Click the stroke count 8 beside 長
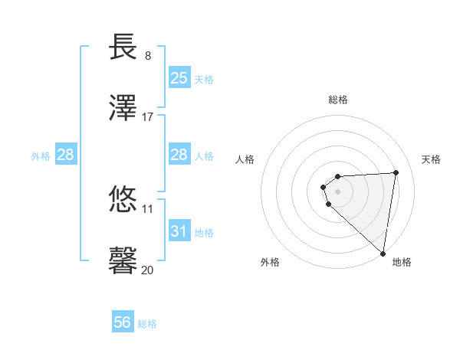(148, 56)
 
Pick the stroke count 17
(148, 116)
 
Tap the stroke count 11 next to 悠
(148, 208)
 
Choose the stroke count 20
(148, 269)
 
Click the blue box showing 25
(179, 78)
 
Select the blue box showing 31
(179, 231)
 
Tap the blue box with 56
(123, 322)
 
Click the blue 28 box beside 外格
(66, 155)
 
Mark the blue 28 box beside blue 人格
(179, 155)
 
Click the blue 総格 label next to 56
(147, 324)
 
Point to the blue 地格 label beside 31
(204, 232)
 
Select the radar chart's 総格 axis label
(338, 100)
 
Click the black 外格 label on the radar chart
(270, 262)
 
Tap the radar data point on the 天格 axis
(396, 172)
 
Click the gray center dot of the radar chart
(338, 191)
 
